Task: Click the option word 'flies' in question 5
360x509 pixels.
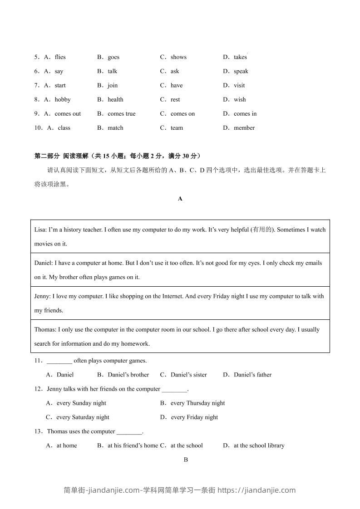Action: (60, 57)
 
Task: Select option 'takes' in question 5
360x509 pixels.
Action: (240, 57)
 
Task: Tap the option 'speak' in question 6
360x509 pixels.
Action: (241, 71)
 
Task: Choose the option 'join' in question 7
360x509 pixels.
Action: (113, 85)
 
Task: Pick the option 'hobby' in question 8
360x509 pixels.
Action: (63, 99)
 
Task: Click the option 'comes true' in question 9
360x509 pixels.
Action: (121, 114)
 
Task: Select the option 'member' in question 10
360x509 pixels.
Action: (244, 128)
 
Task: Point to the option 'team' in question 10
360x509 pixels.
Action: (177, 128)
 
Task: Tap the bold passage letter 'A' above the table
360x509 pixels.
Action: (180, 199)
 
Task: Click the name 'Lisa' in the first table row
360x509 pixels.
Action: (40, 230)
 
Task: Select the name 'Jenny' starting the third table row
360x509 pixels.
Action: (42, 296)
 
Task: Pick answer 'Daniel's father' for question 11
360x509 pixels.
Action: (252, 375)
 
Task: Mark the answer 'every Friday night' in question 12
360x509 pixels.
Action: (194, 417)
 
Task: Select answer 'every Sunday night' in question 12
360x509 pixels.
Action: (81, 403)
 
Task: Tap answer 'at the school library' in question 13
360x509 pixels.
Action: (259, 445)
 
